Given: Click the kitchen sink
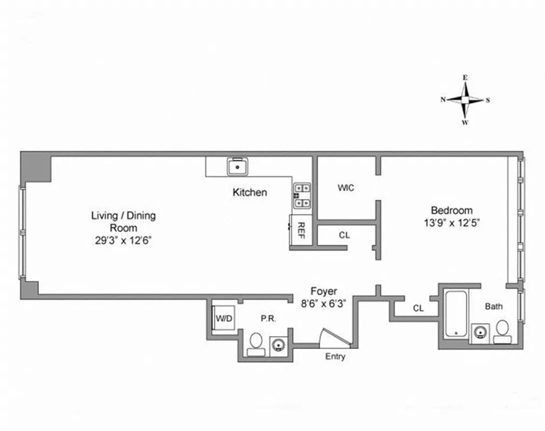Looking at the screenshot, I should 237,166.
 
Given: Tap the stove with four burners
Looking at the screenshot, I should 302,196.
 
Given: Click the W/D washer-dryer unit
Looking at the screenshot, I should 223,319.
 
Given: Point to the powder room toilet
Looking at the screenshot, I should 256,344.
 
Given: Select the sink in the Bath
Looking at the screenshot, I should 479,333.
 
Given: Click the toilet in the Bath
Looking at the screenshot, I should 502,330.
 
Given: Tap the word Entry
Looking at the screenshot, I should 336,357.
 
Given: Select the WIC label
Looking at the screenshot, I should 346,188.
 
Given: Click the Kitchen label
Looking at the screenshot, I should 249,192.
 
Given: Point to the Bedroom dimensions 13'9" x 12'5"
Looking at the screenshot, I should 451,223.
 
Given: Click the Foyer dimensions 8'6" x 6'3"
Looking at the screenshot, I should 323,303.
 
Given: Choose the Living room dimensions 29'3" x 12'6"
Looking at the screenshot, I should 123,241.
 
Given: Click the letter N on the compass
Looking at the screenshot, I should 443,100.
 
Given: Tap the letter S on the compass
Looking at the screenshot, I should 488,100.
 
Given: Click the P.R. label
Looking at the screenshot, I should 268,318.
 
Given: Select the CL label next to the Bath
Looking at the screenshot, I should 418,308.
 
